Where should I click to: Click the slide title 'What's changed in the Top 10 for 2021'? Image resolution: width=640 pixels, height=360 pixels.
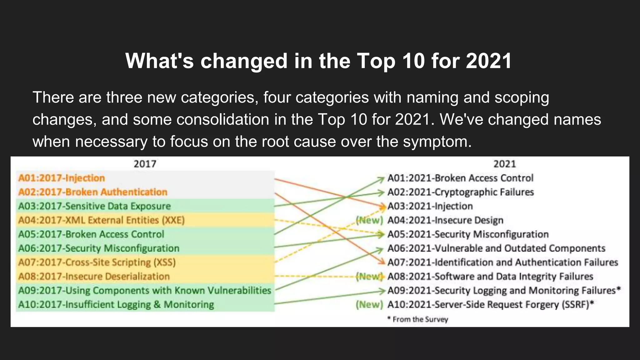[318, 61]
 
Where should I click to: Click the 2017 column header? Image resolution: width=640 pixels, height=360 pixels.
[145, 164]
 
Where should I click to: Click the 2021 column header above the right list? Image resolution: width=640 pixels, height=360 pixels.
[504, 164]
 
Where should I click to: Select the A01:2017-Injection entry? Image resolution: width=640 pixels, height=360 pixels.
[62, 178]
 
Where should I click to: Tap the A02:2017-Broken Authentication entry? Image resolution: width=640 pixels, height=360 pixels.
[93, 192]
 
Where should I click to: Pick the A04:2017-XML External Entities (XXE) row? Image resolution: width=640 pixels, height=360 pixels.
[101, 220]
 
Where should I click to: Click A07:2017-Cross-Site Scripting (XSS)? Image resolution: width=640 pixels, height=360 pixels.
[97, 262]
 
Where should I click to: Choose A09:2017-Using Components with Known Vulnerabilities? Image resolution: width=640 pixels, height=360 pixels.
[144, 290]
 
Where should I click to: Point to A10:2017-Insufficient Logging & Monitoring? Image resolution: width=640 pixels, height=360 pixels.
[116, 304]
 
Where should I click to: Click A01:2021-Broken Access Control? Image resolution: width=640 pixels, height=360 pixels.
[460, 178]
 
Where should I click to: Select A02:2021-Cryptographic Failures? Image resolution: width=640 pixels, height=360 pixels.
[461, 192]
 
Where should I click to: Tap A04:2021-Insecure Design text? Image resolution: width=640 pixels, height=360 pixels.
[445, 220]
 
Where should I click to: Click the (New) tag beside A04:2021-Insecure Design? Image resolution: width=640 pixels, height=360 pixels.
[369, 220]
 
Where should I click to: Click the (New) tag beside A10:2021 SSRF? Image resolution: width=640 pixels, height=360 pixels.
[369, 304]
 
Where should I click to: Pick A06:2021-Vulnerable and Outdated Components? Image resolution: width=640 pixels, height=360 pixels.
[496, 248]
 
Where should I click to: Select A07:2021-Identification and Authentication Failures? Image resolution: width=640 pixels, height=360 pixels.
[502, 262]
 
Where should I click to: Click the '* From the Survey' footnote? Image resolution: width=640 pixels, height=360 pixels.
[417, 319]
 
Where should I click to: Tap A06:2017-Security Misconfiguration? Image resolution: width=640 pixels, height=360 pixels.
[99, 248]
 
